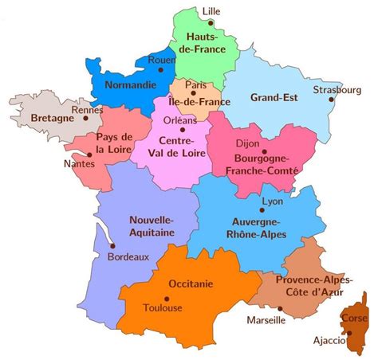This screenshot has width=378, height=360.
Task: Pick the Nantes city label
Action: [x=78, y=164]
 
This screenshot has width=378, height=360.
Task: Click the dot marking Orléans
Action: [x=183, y=129]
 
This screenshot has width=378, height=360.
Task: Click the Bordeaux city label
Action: [x=128, y=257]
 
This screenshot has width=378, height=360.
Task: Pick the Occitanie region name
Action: [x=190, y=284]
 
